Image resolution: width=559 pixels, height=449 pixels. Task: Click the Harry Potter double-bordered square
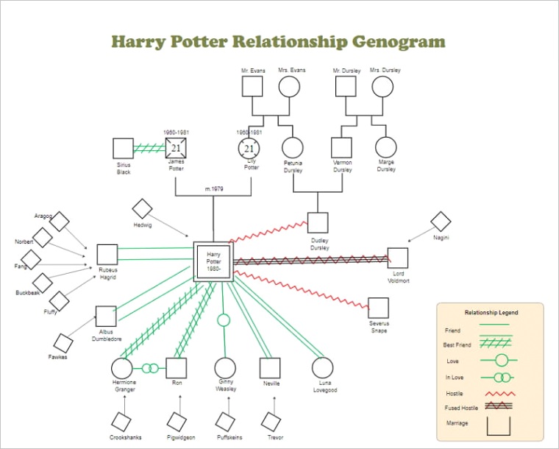click(213, 261)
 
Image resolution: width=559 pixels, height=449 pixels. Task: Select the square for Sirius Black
click(124, 149)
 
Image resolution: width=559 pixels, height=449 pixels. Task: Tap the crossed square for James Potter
click(176, 149)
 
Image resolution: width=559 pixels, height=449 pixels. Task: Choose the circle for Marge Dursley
click(386, 148)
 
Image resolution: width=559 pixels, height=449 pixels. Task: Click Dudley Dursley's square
click(318, 223)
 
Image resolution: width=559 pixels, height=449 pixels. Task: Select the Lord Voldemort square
click(397, 258)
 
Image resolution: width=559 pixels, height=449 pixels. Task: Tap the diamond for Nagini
click(441, 221)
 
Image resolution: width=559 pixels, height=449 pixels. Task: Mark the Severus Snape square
click(378, 308)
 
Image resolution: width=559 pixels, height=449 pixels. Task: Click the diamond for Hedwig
click(142, 209)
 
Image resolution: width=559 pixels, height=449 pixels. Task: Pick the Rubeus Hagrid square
click(107, 255)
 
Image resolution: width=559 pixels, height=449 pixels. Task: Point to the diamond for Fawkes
click(63, 343)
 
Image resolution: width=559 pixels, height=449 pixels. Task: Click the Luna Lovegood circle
click(322, 368)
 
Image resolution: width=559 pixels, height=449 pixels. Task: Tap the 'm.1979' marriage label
click(214, 189)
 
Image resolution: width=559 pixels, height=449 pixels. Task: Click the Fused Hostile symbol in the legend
click(499, 407)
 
